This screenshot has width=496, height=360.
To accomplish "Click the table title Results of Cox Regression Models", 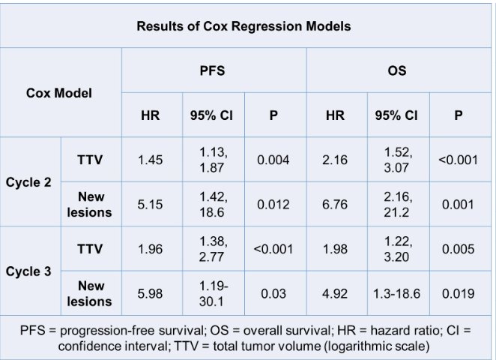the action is pyautogui.click(x=244, y=26).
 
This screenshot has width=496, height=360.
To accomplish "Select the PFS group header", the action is pyautogui.click(x=212, y=70).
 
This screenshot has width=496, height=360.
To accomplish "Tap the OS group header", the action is pyautogui.click(x=397, y=70).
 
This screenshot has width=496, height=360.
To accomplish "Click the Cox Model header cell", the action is pyautogui.click(x=59, y=93).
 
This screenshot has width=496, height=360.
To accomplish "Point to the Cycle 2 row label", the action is pyautogui.click(x=28, y=182).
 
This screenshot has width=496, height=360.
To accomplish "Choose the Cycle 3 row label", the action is pyautogui.click(x=28, y=271).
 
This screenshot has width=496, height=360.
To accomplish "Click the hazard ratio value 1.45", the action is pyautogui.click(x=151, y=160).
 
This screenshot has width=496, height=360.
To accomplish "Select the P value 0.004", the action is pyautogui.click(x=273, y=160).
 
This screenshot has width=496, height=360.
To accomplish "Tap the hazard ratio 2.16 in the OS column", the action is pyautogui.click(x=335, y=160).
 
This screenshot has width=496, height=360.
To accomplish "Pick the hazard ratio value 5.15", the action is pyautogui.click(x=151, y=205).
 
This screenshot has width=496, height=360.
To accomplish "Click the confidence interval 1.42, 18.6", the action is pyautogui.click(x=213, y=205).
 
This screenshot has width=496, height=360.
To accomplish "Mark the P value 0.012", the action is pyautogui.click(x=273, y=205).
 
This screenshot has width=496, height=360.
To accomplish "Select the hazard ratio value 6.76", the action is pyautogui.click(x=335, y=205).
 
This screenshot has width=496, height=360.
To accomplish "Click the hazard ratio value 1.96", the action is pyautogui.click(x=151, y=249).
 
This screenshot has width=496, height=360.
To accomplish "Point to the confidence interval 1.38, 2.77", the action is pyautogui.click(x=213, y=249).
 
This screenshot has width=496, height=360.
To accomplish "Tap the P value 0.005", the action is pyautogui.click(x=459, y=249).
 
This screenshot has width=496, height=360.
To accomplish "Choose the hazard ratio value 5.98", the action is pyautogui.click(x=151, y=294).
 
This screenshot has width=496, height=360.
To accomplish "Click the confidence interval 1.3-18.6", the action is pyautogui.click(x=396, y=294).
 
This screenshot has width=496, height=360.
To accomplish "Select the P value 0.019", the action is pyautogui.click(x=459, y=294).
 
